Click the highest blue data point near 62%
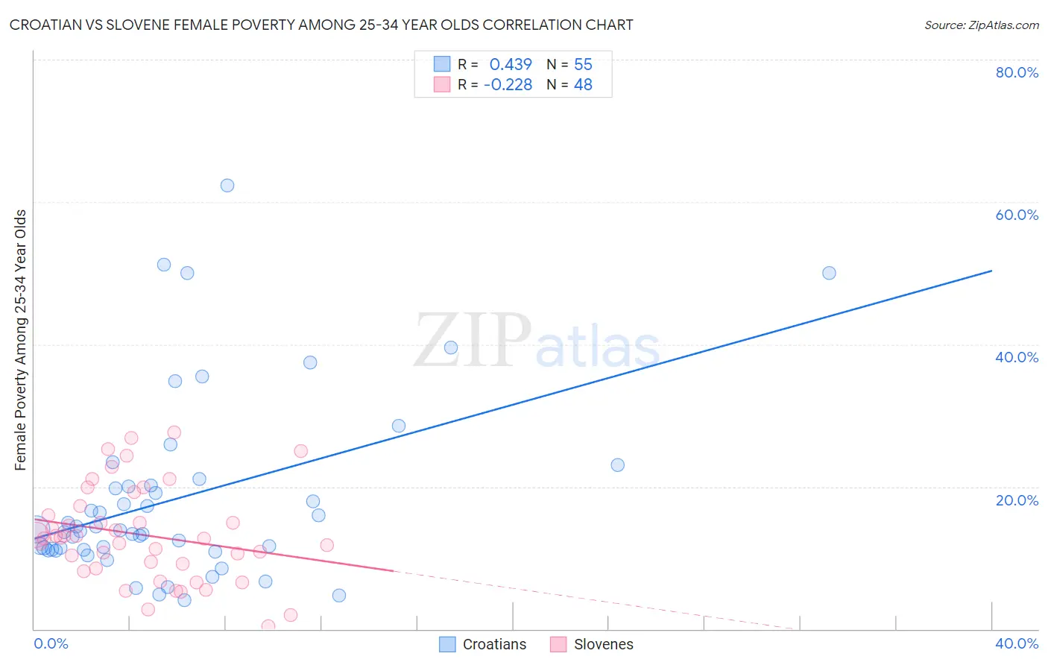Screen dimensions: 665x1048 [x=227, y=186]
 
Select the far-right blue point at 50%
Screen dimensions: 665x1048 [x=829, y=273]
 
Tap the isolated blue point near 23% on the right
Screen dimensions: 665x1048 [x=617, y=465]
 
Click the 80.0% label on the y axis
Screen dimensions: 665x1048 [x=1017, y=72]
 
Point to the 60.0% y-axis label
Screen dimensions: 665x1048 [x=1017, y=215]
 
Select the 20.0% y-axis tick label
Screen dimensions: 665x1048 [x=1017, y=500]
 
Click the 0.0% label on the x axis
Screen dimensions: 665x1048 [x=51, y=643]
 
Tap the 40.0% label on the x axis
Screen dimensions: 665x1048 [x=1017, y=643]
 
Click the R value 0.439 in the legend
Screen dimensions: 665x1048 [x=511, y=64]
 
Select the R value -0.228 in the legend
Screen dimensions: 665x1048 [x=508, y=85]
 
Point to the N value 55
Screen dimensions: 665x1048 [x=583, y=64]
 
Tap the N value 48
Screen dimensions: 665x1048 [x=583, y=85]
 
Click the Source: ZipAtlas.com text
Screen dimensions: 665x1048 [x=981, y=25]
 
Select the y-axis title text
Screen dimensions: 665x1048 [x=20, y=340]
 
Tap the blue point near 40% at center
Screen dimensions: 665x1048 [x=450, y=347]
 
